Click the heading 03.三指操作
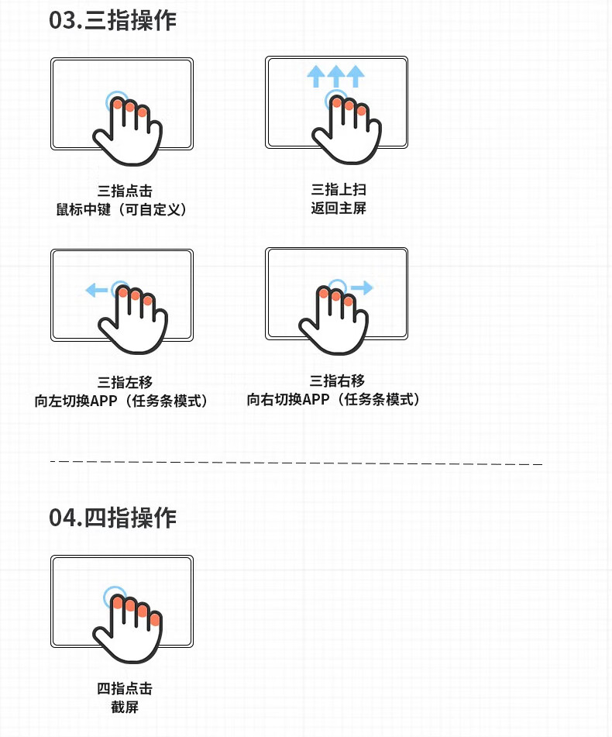(113, 21)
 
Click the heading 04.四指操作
(113, 517)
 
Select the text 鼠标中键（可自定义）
(122, 210)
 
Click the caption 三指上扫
(338, 189)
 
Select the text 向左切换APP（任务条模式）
(122, 401)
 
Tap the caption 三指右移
(337, 381)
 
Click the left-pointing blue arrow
(96, 291)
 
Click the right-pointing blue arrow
(362, 288)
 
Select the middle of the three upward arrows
(335, 76)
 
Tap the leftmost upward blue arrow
(316, 76)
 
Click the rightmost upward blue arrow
(355, 76)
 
